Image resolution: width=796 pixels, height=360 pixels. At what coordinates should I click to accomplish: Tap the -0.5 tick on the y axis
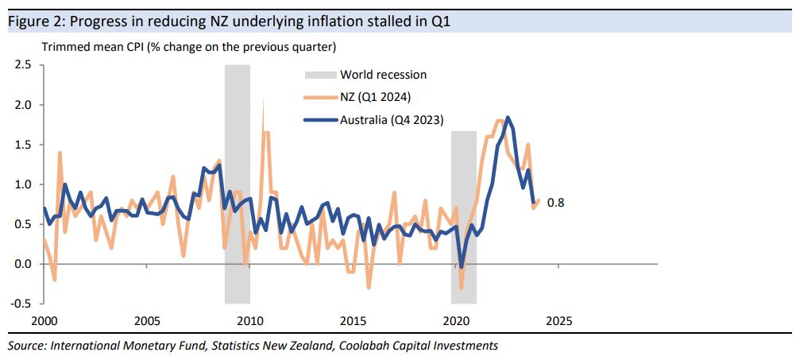pos(21,304)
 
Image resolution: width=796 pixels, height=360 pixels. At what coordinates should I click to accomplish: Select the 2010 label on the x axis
pos(249,321)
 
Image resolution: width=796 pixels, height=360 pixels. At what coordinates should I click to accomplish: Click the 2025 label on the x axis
pos(558,321)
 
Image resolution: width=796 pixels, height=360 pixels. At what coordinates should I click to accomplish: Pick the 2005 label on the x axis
pos(147,321)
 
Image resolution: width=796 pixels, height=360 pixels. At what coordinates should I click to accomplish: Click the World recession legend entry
pos(383,75)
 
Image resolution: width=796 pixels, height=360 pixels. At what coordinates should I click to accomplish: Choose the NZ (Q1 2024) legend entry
pos(373,97)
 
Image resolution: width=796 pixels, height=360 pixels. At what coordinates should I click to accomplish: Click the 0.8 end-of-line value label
pos(556,203)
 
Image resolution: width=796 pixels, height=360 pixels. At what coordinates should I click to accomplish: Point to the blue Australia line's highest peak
pos(508,118)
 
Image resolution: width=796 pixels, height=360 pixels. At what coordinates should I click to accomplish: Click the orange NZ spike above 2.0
pos(263,100)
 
